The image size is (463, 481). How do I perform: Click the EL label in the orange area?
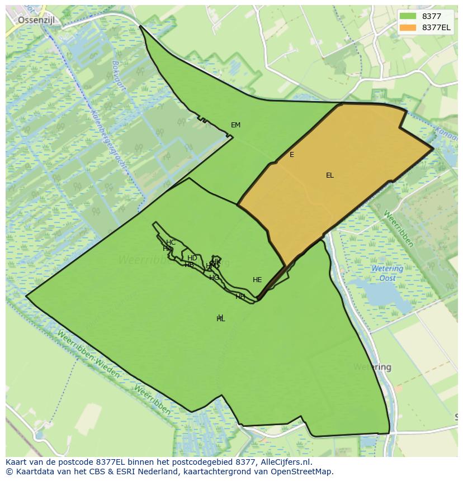[330, 175]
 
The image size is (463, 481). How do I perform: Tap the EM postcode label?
[235, 125]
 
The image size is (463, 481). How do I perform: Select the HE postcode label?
[257, 280]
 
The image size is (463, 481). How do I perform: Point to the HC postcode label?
[171, 242]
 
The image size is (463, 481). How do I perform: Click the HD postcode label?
[192, 258]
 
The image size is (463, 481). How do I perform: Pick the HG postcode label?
[214, 278]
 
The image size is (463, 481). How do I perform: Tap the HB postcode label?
[189, 265]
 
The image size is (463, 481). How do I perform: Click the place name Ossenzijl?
[39, 20]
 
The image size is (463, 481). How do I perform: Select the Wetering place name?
[372, 367]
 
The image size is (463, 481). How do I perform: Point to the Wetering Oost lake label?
[387, 273]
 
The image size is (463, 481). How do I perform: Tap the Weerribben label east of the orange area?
[399, 228]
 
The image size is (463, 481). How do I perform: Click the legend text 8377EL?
[436, 27]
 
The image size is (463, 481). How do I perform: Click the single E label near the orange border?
[292, 155]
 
